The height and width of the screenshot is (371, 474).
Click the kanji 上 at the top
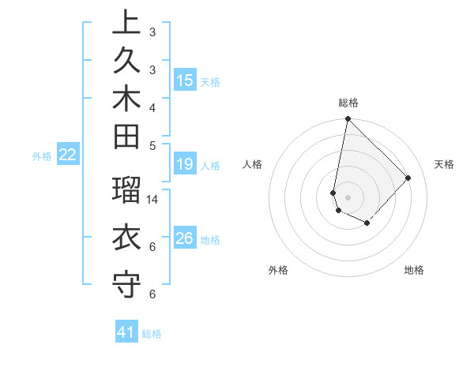tap(126, 21)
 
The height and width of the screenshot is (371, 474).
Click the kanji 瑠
tap(126, 189)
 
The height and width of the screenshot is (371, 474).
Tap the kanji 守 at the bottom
tap(126, 283)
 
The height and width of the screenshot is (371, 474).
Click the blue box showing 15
tap(185, 80)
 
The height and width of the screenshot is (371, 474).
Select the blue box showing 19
tap(185, 164)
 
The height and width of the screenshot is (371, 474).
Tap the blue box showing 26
tap(185, 238)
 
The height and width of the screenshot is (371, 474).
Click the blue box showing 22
tap(68, 156)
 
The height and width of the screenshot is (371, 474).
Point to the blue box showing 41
tap(126, 332)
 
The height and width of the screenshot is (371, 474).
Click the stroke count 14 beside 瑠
tap(152, 199)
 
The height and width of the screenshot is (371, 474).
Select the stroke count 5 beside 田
tap(152, 144)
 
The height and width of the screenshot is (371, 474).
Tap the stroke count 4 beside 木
tap(152, 107)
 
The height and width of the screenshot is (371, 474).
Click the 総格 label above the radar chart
tap(348, 103)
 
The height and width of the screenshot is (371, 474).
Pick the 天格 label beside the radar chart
tap(444, 164)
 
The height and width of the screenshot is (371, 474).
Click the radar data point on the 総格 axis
tap(348, 119)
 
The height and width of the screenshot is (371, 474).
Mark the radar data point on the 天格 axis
tap(408, 178)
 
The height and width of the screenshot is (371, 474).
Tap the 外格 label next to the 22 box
tap(42, 156)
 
